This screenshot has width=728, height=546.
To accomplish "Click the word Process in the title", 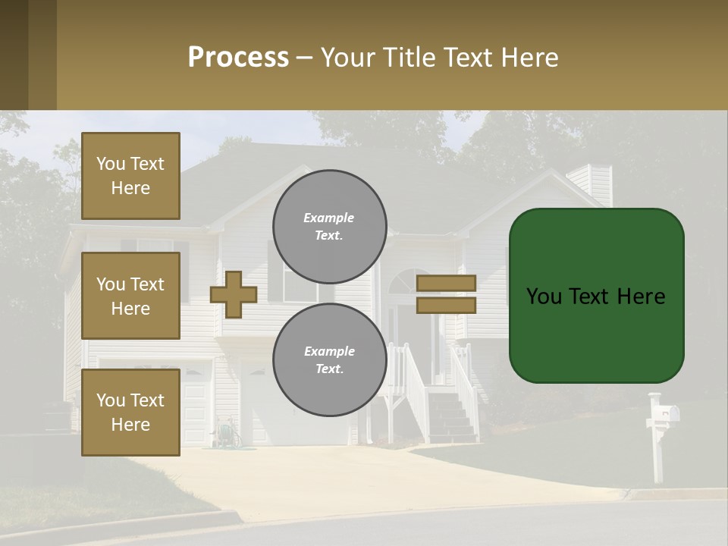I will (x=238, y=58).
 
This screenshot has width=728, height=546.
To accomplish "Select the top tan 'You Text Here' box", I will (x=130, y=176).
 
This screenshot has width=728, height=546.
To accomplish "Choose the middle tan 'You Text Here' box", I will (x=130, y=296).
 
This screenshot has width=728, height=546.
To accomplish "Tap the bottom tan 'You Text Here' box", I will (x=130, y=413).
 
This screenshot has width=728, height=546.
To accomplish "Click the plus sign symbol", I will (x=234, y=294).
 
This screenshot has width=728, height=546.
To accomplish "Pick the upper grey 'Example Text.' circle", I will (x=330, y=227).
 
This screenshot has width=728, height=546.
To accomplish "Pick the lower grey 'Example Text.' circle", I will (x=330, y=360).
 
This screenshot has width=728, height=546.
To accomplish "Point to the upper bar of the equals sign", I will (x=446, y=283).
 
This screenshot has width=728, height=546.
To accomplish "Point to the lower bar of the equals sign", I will (x=446, y=305).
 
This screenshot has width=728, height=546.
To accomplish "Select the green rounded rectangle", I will (x=596, y=296).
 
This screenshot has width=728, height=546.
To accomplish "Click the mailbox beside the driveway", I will (x=665, y=414).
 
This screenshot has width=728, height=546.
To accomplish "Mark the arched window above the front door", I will (x=409, y=282).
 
